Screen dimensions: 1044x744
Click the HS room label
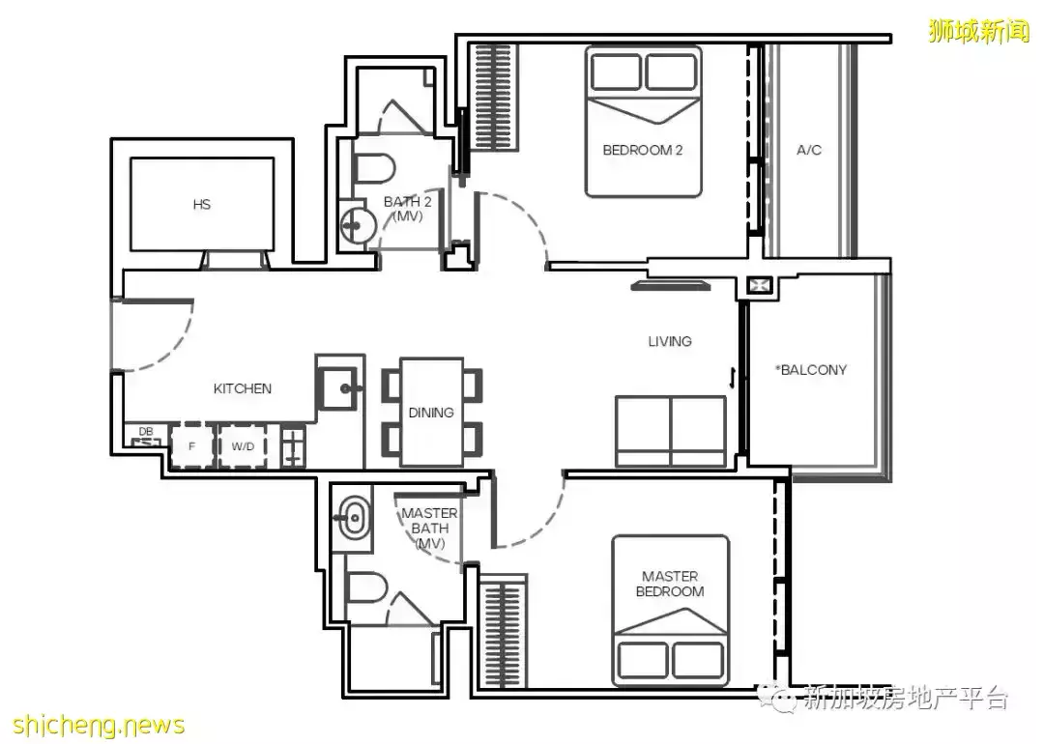pyautogui.click(x=202, y=205)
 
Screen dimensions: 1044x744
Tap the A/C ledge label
pyautogui.click(x=809, y=151)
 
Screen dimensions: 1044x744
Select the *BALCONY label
pyautogui.click(x=811, y=370)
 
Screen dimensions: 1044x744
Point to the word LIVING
pyautogui.click(x=670, y=341)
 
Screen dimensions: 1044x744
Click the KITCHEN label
pyautogui.click(x=243, y=388)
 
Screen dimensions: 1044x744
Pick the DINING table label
pyautogui.click(x=431, y=413)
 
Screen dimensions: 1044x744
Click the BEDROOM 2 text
pyautogui.click(x=643, y=151)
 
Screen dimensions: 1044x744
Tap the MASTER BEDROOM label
pyautogui.click(x=670, y=584)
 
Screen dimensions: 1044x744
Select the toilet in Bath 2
pyautogui.click(x=373, y=168)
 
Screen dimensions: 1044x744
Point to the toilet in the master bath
pyautogui.click(x=367, y=587)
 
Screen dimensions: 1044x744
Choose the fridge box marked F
pyautogui.click(x=191, y=445)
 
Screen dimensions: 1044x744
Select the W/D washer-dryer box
pyautogui.click(x=243, y=445)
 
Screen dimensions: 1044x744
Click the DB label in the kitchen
pyautogui.click(x=146, y=432)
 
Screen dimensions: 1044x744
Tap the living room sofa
pyautogui.click(x=671, y=431)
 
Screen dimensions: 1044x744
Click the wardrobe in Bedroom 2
pyautogui.click(x=493, y=98)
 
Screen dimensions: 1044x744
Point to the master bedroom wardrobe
pyautogui.click(x=504, y=634)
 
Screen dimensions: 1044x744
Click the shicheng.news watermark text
pyautogui.click(x=99, y=724)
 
